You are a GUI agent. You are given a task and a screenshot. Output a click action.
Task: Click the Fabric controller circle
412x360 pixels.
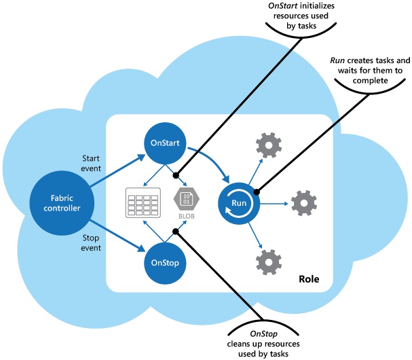pyautogui.click(x=62, y=203)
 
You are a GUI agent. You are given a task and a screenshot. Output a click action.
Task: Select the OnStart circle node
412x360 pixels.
pyautogui.click(x=165, y=143)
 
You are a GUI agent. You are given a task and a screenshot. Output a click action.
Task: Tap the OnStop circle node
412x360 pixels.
pyautogui.click(x=165, y=263)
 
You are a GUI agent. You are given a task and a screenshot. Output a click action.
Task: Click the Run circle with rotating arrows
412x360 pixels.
pyautogui.click(x=239, y=203)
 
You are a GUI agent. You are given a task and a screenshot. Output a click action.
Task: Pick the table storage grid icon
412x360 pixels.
pyautogui.click(x=143, y=202)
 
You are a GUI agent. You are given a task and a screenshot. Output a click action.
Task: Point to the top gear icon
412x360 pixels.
pyautogui.click(x=269, y=145)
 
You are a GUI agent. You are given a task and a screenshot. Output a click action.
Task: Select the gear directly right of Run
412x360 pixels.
pyautogui.click(x=304, y=203)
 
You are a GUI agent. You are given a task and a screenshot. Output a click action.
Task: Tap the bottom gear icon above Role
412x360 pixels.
pyautogui.click(x=269, y=262)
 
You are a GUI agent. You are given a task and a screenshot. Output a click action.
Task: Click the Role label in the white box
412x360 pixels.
pyautogui.click(x=309, y=279)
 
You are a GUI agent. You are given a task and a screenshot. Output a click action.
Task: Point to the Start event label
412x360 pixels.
pyautogui.click(x=91, y=163)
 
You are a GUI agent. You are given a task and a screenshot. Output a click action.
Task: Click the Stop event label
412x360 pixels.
pyautogui.click(x=91, y=242)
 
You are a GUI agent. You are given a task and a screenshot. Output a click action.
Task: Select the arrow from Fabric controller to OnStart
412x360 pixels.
pyautogui.click(x=117, y=171)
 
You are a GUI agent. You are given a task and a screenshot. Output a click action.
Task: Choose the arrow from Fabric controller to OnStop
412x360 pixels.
pyautogui.click(x=117, y=236)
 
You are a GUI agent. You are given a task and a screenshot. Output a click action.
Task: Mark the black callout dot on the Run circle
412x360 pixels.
pyautogui.click(x=257, y=192)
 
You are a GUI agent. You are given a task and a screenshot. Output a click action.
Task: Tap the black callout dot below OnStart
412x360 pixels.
pyautogui.click(x=176, y=175)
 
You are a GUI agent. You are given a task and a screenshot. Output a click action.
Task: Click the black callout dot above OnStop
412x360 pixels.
pyautogui.click(x=176, y=232)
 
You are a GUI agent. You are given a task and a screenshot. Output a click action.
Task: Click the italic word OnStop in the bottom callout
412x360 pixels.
pyautogui.click(x=263, y=334)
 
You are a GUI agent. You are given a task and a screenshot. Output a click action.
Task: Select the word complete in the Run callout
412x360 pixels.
pyautogui.click(x=370, y=80)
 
